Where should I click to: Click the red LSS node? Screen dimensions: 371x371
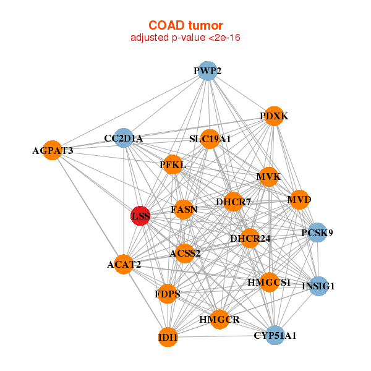pos(140,216)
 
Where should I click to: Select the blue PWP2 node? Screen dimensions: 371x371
pos(208,70)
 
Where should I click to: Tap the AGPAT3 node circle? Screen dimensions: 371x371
pos(53,150)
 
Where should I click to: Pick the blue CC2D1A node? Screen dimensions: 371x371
pos(124,139)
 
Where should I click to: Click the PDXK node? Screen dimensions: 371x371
pos(274,116)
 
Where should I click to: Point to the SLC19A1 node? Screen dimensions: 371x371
pos(210,139)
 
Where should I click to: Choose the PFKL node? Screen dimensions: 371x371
pos(173,165)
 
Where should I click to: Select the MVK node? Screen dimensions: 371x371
pos(268,177)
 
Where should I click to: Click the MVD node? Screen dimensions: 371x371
pos(299,200)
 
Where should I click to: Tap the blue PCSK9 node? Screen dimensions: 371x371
pos(317,233)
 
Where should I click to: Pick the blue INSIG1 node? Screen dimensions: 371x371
pos(318,286)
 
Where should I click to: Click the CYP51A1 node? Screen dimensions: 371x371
pos(275,336)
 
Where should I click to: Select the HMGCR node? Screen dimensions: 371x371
pos(220,319)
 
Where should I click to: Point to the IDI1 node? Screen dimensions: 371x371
pos(168,338)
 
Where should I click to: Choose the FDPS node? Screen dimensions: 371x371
pos(168,294)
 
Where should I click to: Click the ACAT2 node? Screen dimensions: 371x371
pos(124,265)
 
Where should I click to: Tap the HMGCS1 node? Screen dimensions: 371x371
pos(269,282)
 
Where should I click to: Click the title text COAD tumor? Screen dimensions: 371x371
pos(185,25)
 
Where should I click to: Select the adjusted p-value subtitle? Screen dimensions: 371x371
pos(185,38)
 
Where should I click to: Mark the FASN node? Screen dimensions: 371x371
pos(184,210)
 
